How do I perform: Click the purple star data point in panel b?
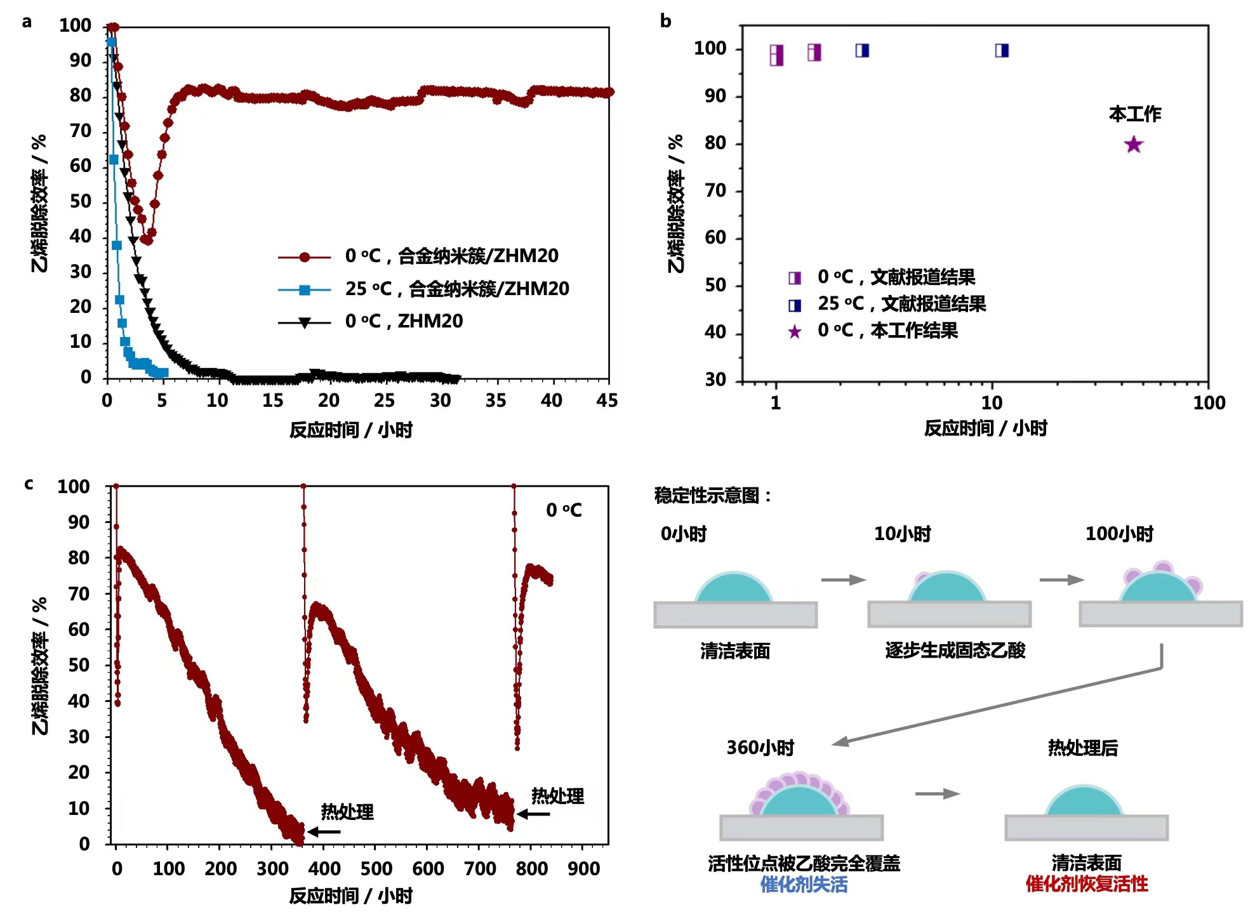click(1133, 145)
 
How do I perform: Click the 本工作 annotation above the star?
click(1134, 114)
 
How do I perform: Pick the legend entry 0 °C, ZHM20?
click(404, 322)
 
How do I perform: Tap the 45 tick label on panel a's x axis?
click(607, 400)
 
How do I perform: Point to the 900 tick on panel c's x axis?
click(583, 868)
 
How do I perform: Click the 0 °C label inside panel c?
click(564, 510)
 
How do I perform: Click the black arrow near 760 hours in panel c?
click(533, 814)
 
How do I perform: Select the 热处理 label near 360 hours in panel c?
click(347, 812)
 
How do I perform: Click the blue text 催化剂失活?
click(804, 885)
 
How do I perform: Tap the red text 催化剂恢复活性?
click(1086, 884)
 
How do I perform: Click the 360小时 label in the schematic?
click(760, 748)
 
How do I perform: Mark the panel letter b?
click(665, 21)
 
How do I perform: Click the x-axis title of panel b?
click(985, 428)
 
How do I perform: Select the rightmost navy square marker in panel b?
click(1002, 51)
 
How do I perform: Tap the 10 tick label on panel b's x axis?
click(992, 403)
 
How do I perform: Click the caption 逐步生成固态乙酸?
click(955, 651)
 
